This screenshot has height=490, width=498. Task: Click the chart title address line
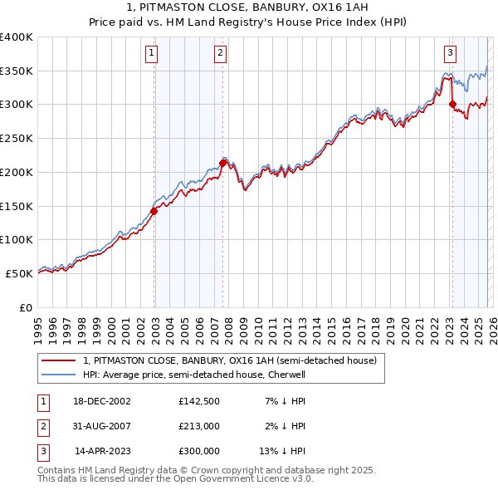pyautogui.click(x=249, y=7)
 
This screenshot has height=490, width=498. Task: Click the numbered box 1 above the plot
pyautogui.click(x=152, y=54)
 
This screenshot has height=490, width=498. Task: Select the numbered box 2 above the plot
pyautogui.click(x=221, y=54)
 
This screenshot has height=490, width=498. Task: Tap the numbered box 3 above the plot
pyautogui.click(x=450, y=54)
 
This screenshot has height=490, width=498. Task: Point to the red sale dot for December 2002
pyautogui.click(x=154, y=211)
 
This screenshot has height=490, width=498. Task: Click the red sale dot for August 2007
pyautogui.click(x=223, y=163)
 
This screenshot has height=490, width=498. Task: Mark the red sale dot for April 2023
pyautogui.click(x=452, y=104)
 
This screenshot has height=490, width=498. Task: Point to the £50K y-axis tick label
pyautogui.click(x=19, y=272)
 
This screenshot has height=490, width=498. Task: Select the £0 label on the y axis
pyautogui.click(x=26, y=306)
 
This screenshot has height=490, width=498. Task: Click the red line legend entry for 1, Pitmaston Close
pyautogui.click(x=230, y=360)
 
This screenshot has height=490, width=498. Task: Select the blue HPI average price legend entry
pyautogui.click(x=194, y=375)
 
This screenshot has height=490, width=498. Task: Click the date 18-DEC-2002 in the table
pyautogui.click(x=102, y=401)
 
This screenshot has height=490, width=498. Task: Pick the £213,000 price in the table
pyautogui.click(x=198, y=426)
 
